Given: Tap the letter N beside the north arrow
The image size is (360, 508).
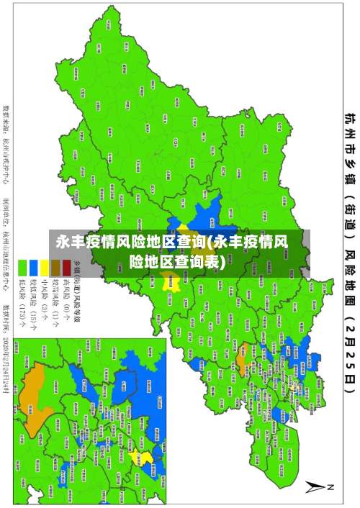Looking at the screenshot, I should click(x=333, y=486).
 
